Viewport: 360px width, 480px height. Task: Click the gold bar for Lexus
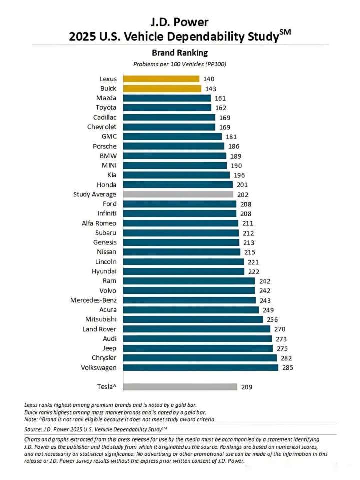pos(161,79)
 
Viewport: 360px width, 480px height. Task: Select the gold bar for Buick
pos(162,88)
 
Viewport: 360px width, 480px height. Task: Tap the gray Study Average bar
pos(178,194)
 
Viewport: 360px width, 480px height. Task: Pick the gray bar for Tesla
pos(180,386)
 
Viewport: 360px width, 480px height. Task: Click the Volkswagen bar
pos(200,367)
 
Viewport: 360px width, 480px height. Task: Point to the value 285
pos(288,368)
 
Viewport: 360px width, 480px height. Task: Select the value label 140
pos(209,79)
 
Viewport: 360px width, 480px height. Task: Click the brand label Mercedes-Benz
pos(94,300)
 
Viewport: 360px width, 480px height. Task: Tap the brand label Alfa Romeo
pos(99,223)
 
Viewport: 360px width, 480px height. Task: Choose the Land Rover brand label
pos(100,329)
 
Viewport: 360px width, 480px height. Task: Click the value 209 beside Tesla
pos(247,387)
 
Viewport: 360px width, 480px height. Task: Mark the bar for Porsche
pos(173,146)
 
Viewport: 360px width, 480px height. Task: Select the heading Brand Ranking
pos(179,53)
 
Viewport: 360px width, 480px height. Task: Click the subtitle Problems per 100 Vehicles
pos(179,64)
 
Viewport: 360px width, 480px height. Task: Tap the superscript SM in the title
pos(285,33)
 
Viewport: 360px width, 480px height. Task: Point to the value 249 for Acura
pos(268,310)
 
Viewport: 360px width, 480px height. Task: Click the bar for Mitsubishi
pos(192,319)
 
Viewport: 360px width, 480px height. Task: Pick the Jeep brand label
pos(108,348)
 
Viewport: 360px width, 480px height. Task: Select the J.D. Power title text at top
pos(179,22)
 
